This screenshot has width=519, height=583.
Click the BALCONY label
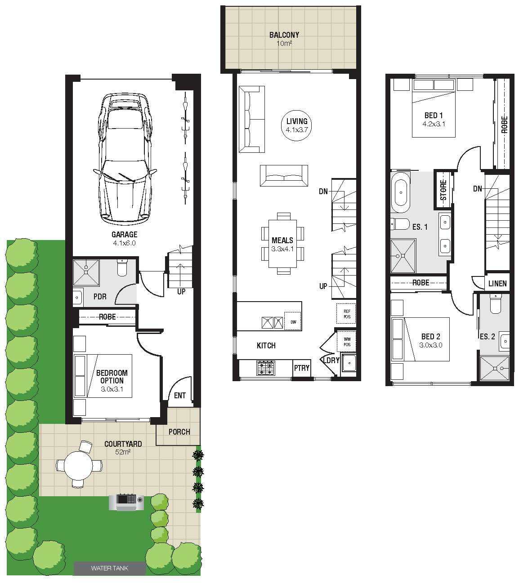pos(284,35)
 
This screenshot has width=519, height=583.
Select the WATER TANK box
pos(110,568)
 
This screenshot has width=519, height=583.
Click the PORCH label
pos(179,432)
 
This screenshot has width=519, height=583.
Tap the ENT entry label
pos(180,396)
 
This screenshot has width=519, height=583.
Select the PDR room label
pos(100,296)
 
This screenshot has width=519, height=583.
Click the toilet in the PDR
pos(122,267)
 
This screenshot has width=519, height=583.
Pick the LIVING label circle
pos(297,125)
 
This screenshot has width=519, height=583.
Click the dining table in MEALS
pos(282,244)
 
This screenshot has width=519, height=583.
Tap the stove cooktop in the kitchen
pos(266,368)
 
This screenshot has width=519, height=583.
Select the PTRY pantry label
pos(301,368)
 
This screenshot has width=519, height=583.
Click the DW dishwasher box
pos(293,321)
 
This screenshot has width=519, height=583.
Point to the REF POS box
pos(347,314)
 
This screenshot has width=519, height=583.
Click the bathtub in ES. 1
pos(401,192)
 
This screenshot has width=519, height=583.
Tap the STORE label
pos(443,190)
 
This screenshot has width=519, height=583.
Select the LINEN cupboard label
pos(497,284)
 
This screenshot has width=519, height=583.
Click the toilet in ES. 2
pos(496,304)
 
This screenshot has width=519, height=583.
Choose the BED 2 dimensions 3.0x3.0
pos(430,345)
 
